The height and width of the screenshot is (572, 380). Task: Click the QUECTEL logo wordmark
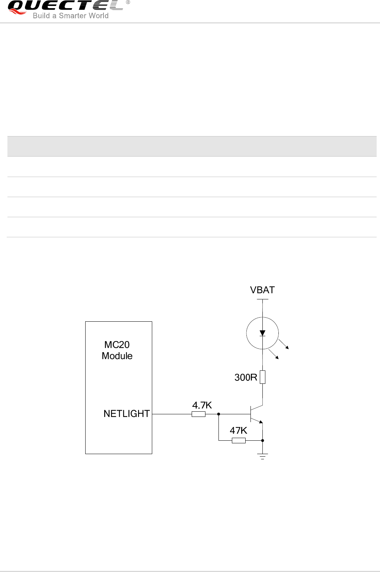pos(66,6)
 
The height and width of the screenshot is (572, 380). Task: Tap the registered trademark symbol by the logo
pos(128,3)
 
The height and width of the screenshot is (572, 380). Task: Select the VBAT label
pos(262,290)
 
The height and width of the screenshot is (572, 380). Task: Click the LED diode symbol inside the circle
pos(262,333)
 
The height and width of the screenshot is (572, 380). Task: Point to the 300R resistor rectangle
pos(262,377)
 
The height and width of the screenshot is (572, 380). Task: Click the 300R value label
pos(246,377)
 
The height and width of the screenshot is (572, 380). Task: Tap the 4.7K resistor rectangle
pos(198,414)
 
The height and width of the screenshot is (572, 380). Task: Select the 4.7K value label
pos(202,405)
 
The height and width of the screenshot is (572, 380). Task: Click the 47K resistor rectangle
pos(239,441)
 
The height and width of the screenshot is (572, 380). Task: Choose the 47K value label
pos(238,431)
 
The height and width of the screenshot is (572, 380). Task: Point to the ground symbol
pos(263,456)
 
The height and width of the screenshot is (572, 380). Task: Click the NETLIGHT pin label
pos(127,414)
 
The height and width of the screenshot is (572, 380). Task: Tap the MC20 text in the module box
pos(117,345)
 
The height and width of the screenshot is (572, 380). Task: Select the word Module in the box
pos(117,356)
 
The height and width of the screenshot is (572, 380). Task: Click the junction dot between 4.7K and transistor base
pos(218,414)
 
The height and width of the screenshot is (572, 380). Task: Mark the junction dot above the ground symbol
pos(263,441)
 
